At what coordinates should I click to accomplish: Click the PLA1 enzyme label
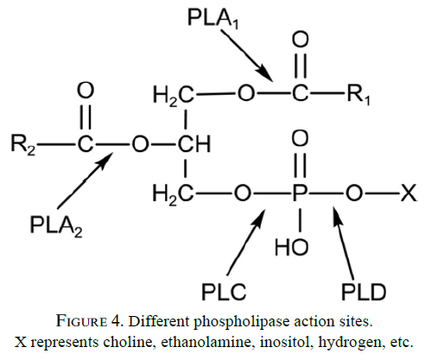pos(213,19)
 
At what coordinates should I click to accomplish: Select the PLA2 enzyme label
pos(56,226)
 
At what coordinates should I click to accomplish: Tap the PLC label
pos(224,292)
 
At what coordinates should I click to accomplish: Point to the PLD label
pos(364,292)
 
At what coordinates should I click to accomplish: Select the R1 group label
pos(358,94)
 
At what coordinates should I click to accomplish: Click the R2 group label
pos(23,144)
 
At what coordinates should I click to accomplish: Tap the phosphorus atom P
pos(300,193)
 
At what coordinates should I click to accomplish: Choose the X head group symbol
pos(409,193)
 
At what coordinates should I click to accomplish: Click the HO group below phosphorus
pos(291,247)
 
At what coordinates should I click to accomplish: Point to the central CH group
pos(194,144)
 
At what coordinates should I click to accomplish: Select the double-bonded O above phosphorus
pos(300,138)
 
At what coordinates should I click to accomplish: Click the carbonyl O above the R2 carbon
pos(86,91)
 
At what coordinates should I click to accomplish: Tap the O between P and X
pos(354,193)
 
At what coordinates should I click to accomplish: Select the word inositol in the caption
pos(286,343)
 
